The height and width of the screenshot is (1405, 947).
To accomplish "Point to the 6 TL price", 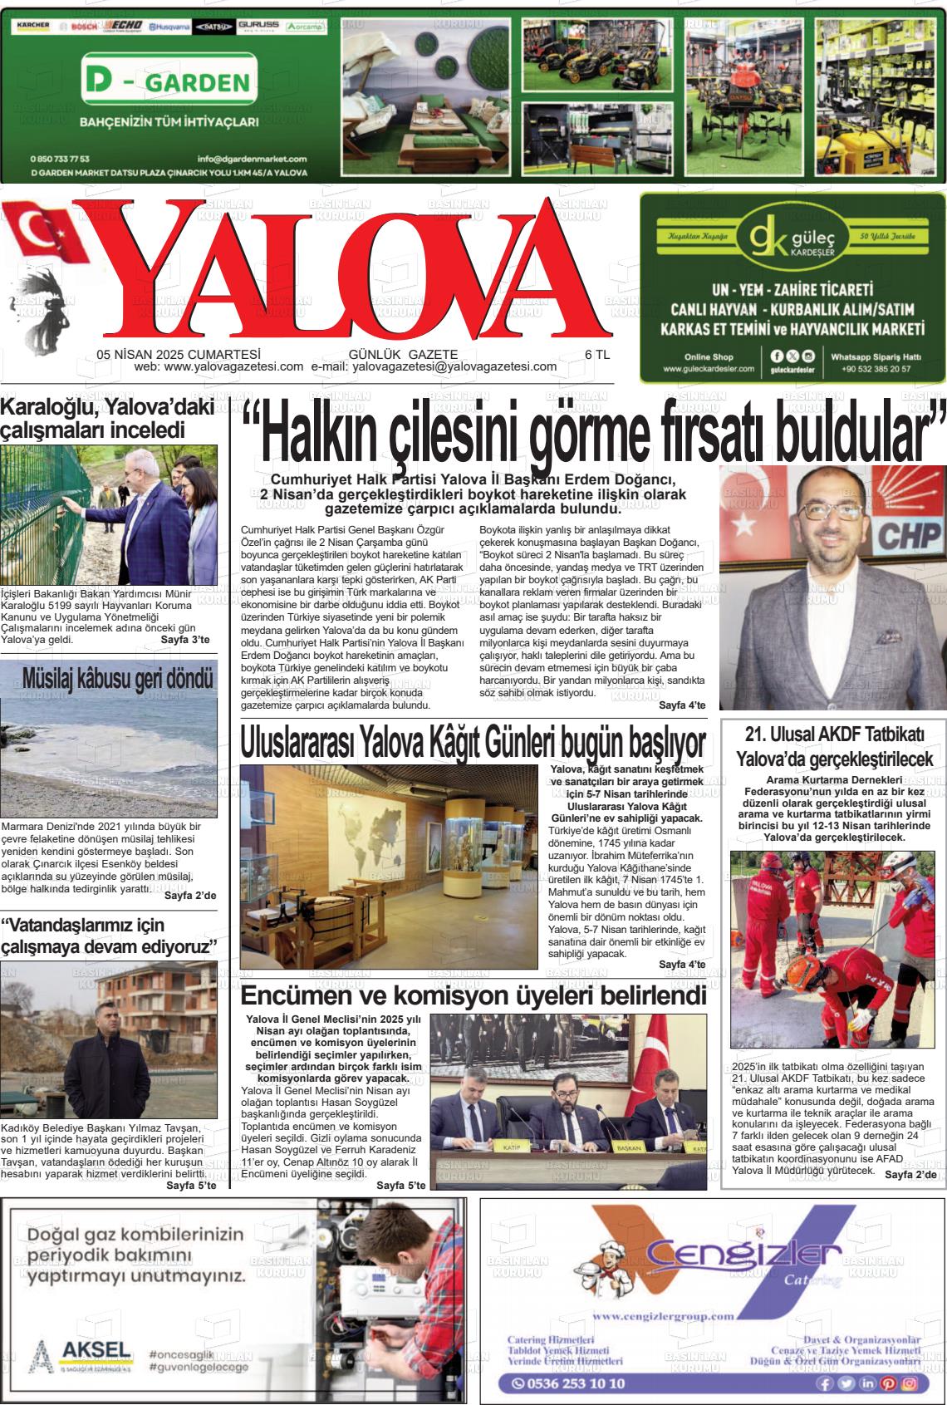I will click(597, 354).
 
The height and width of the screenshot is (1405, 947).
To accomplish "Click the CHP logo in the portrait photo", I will click(910, 536).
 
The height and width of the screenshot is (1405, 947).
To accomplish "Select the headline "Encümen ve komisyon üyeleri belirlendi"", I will click(473, 995).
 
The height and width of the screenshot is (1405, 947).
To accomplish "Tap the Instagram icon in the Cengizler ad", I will click(910, 1383).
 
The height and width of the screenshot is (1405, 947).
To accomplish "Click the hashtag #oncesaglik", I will click(183, 1353).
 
